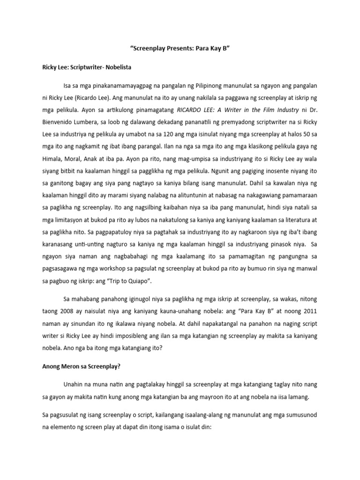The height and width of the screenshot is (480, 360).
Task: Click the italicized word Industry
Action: pos(284,110)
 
